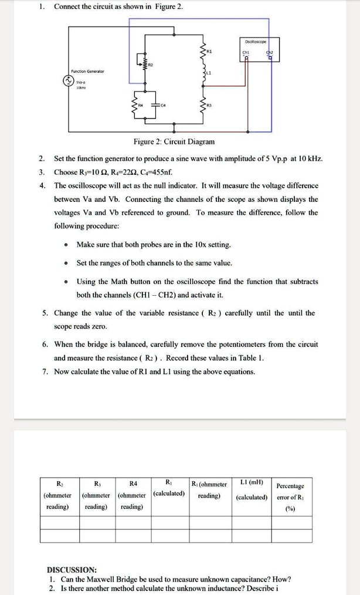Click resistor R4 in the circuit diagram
coord(139,106)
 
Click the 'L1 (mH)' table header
coord(252,483)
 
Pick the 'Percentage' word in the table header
coord(290,486)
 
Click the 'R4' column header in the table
coord(133,484)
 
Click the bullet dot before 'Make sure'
coord(67,245)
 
